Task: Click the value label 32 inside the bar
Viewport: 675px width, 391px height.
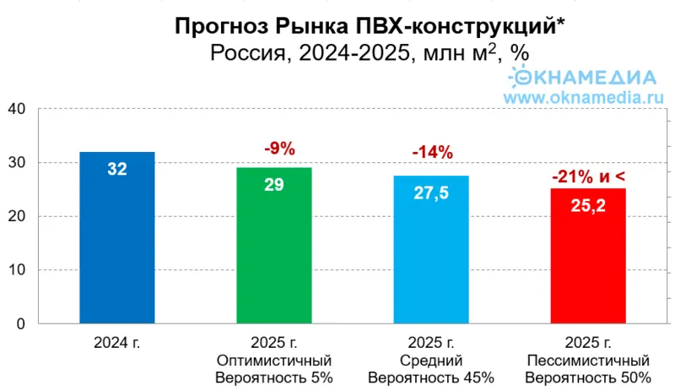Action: pyautogui.click(x=116, y=169)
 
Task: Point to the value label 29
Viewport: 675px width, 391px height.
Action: pyautogui.click(x=273, y=183)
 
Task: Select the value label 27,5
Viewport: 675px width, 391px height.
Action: pyautogui.click(x=430, y=193)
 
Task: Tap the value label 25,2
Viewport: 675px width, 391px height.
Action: pyautogui.click(x=588, y=204)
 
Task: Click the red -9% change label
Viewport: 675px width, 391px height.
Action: pyautogui.click(x=279, y=149)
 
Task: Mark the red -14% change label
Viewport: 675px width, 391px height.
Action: pyautogui.click(x=433, y=153)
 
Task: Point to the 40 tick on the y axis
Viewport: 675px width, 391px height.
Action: pyautogui.click(x=18, y=109)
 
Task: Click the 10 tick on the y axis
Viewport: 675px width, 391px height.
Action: pyautogui.click(x=18, y=270)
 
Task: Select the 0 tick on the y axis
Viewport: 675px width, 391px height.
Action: pyautogui.click(x=22, y=324)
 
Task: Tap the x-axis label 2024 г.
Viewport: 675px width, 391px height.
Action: pyautogui.click(x=116, y=342)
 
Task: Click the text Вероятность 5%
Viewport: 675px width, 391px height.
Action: pyautogui.click(x=275, y=377)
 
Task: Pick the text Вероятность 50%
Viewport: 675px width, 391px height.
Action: pyautogui.click(x=588, y=377)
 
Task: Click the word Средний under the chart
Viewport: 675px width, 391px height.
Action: pyautogui.click(x=431, y=360)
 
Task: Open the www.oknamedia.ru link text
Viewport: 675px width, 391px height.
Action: pyautogui.click(x=580, y=97)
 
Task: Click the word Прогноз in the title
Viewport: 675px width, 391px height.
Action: pyautogui.click(x=213, y=26)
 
